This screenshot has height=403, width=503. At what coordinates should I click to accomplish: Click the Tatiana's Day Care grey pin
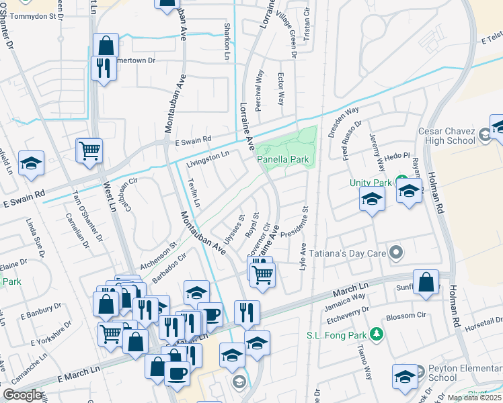pyautogui.click(x=397, y=253)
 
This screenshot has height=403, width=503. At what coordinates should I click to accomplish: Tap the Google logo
pyautogui.click(x=23, y=395)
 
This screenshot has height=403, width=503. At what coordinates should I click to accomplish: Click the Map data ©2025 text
pyautogui.click(x=474, y=398)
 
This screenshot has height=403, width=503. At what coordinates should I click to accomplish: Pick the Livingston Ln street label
pyautogui.click(x=208, y=159)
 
